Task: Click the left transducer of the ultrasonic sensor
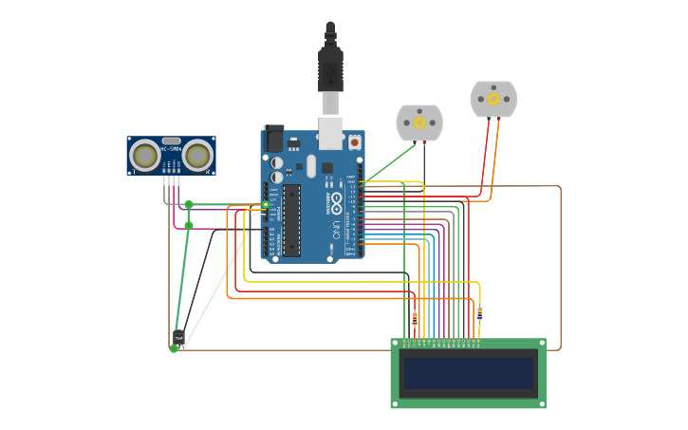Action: coord(145,155)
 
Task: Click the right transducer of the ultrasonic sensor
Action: coord(197,155)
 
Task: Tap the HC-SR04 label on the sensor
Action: coord(171,149)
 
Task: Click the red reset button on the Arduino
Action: coord(354,141)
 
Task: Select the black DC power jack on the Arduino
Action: coord(274,139)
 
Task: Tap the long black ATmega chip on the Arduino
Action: coord(291,220)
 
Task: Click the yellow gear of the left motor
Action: coord(419,122)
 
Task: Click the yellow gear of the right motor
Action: coord(493,99)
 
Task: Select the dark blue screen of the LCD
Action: coord(468,373)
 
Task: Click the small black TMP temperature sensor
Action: coord(178,337)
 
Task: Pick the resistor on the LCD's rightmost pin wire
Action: coord(479,313)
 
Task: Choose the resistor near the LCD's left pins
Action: coord(414,318)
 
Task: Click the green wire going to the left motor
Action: coord(389,162)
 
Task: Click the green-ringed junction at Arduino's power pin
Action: coord(266,204)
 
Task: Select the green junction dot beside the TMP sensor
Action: coord(174,348)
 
